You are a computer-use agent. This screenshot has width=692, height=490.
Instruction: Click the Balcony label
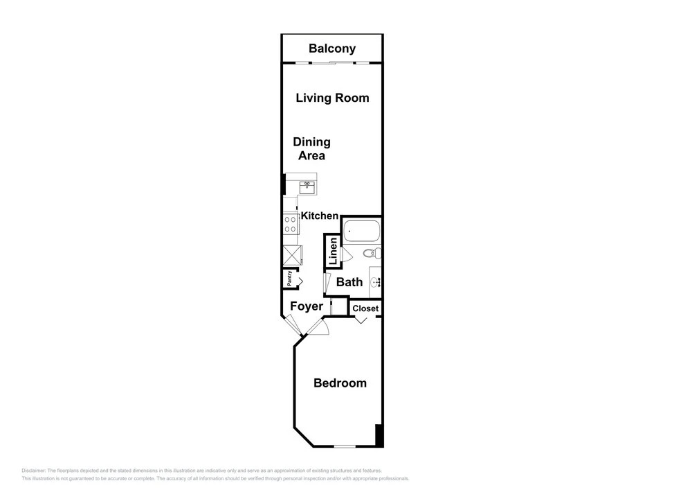coord(332,49)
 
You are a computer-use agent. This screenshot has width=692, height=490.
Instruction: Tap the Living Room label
coord(332,98)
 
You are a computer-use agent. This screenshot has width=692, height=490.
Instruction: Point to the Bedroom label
coord(340,383)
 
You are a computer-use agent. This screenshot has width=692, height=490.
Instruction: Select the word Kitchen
coord(320,216)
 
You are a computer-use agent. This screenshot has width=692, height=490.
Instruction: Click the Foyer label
coord(307,306)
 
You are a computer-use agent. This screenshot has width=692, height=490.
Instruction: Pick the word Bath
coord(349,282)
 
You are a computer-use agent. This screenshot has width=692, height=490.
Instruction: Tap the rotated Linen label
coord(334,252)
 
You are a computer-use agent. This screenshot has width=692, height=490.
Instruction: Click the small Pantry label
coord(289,279)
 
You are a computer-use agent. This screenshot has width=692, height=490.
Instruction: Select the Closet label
coord(365,308)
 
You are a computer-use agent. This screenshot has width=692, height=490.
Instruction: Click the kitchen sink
coord(308,187)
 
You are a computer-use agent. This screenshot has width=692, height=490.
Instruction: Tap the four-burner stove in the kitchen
coord(291,224)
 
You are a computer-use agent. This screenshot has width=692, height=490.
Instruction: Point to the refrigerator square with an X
coord(292,255)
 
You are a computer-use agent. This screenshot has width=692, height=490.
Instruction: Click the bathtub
coord(361,231)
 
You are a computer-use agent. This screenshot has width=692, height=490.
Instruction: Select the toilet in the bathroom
coord(372,254)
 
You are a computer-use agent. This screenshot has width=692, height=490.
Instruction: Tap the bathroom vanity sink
coord(376,282)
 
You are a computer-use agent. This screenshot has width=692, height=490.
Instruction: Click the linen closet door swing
coord(345,254)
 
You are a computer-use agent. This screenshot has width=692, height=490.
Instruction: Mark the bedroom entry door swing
coord(318,326)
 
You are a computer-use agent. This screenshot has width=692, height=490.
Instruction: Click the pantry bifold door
coord(299,280)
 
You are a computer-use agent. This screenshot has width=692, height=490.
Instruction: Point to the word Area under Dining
coord(311,155)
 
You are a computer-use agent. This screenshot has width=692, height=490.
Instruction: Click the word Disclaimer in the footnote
coord(33,471)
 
